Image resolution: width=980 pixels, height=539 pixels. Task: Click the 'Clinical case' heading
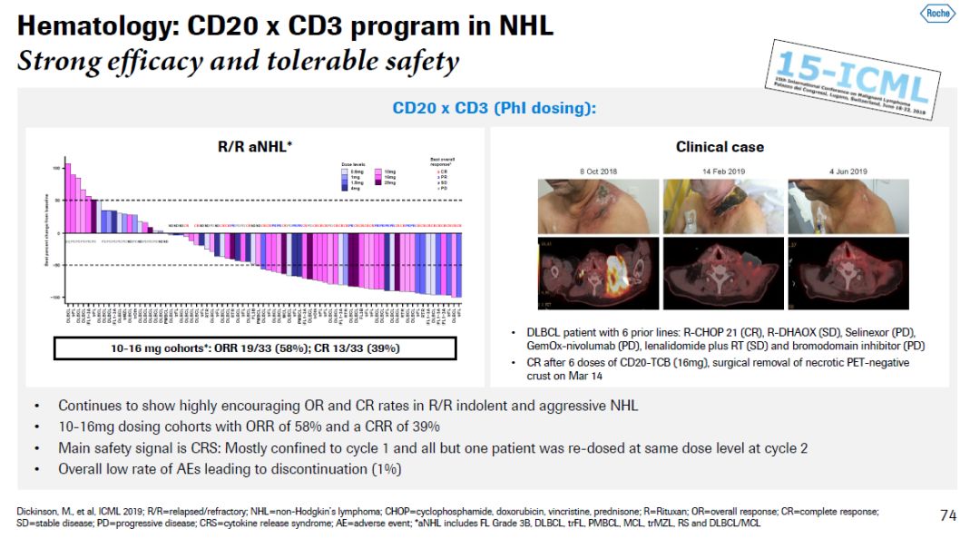point(720,146)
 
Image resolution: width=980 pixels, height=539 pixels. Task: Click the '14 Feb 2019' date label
point(720,171)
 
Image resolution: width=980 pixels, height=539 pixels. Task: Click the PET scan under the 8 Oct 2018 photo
point(595,273)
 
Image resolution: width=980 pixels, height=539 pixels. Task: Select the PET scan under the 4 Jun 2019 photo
point(845,273)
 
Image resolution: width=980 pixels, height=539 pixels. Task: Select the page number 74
point(947,515)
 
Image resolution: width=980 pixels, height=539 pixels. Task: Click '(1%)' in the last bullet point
point(384,469)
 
